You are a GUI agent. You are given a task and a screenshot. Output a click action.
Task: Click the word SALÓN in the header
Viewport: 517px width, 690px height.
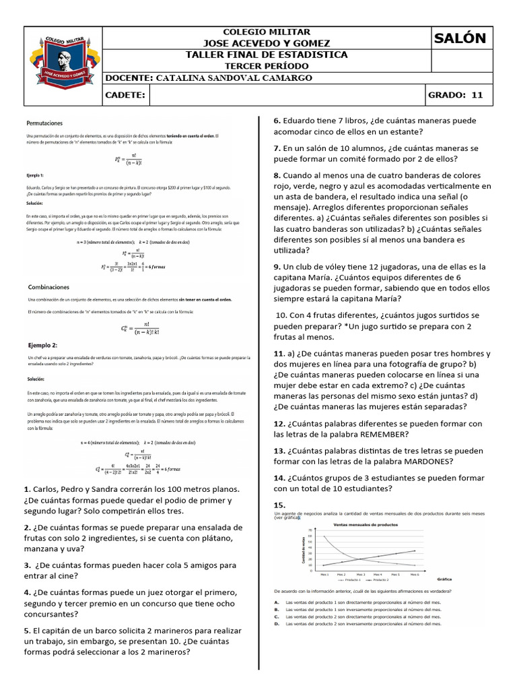460,38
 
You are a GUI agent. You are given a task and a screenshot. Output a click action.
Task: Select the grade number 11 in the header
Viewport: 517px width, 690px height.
477,95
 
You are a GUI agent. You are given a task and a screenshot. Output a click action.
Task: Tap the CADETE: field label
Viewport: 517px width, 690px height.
126,96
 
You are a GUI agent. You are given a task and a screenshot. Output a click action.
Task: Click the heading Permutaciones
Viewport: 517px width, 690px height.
44,124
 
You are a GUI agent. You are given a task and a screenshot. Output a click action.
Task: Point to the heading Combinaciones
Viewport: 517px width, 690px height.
47,286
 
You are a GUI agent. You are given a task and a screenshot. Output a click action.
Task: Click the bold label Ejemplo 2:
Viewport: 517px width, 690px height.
42,344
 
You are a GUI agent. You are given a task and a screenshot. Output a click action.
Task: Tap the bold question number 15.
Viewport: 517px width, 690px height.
279,505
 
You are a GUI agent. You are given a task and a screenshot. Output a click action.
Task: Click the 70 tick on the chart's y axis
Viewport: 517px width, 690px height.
310,530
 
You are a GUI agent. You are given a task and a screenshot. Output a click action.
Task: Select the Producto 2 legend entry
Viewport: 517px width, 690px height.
379,579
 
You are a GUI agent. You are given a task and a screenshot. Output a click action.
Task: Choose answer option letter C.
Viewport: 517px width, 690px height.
277,616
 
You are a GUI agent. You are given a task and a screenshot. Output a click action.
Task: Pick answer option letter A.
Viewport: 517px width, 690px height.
277,601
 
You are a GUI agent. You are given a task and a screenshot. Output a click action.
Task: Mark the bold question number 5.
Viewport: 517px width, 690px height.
27,630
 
